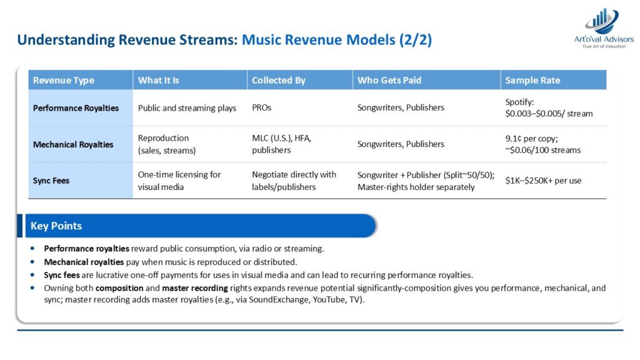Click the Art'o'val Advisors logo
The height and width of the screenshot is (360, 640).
click(604, 27)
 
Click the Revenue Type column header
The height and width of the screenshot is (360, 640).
click(64, 81)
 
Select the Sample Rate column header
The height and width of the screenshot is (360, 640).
click(532, 81)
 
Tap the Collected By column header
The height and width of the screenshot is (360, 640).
click(278, 81)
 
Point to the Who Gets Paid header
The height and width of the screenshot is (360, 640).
click(389, 81)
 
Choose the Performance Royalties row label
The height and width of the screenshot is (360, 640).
click(76, 108)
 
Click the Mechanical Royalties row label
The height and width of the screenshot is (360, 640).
click(73, 144)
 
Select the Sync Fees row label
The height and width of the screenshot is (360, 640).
click(51, 181)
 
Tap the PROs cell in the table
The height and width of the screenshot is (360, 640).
click(262, 107)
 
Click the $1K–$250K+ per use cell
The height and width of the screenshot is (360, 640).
click(543, 181)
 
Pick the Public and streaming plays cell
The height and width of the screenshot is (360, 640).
click(187, 108)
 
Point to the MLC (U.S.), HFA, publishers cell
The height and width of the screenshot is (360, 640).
click(282, 144)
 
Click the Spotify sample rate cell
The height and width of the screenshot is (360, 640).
click(549, 107)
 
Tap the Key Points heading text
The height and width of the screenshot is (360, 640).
click(56, 226)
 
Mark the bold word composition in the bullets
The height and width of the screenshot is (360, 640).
click(119, 288)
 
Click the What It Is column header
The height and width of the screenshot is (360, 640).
click(158, 81)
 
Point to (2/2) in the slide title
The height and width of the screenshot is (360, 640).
click(416, 40)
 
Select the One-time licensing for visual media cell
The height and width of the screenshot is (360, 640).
click(179, 181)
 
